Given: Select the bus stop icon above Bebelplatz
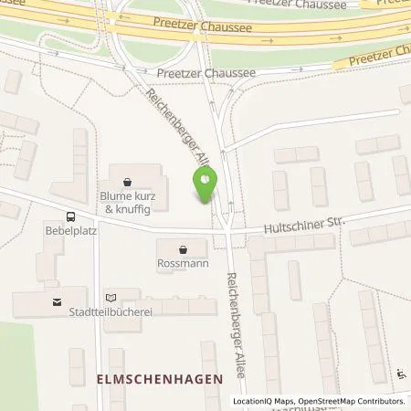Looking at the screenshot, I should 70,216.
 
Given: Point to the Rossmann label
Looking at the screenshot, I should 182,264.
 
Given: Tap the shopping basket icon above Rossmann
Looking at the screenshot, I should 183,248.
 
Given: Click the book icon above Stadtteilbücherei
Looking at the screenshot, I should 111,297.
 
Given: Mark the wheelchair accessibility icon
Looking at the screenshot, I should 403,373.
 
